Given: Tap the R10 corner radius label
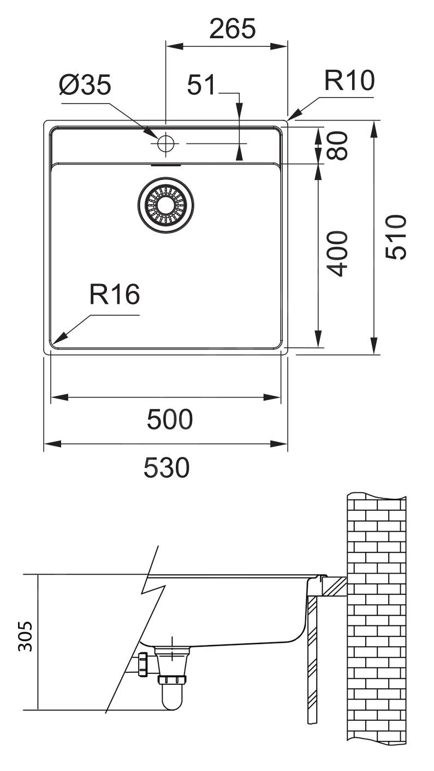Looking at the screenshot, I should [349, 81].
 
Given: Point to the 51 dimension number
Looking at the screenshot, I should [201, 86].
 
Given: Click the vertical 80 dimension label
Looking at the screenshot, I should [340, 145].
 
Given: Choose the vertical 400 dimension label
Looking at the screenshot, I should [340, 254].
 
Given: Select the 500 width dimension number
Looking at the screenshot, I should [169, 419].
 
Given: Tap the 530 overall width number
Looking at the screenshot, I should [167, 467].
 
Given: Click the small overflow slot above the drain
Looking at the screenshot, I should [165, 164].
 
